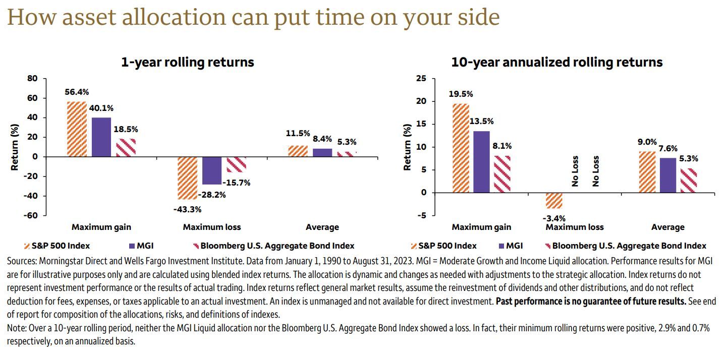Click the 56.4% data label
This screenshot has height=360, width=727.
click(x=77, y=92)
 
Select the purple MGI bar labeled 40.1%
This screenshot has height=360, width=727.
click(x=101, y=137)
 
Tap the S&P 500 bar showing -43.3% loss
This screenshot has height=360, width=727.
click(x=188, y=177)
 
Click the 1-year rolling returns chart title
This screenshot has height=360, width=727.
click(x=187, y=62)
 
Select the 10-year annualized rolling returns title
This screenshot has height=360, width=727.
click(x=557, y=62)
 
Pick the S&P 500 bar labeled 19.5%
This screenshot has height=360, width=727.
click(x=461, y=148)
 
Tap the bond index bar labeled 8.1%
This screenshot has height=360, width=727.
click(x=501, y=174)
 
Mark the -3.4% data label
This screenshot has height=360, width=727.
click(x=554, y=218)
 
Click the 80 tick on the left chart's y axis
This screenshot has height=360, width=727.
click(x=32, y=78)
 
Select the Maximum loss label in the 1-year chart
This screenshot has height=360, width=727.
click(x=211, y=227)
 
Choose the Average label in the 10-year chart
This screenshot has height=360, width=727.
click(x=667, y=227)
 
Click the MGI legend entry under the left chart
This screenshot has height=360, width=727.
click(x=141, y=246)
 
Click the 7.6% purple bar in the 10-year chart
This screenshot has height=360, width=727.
click(x=667, y=175)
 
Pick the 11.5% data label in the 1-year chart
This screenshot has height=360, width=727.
click(x=298, y=134)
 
